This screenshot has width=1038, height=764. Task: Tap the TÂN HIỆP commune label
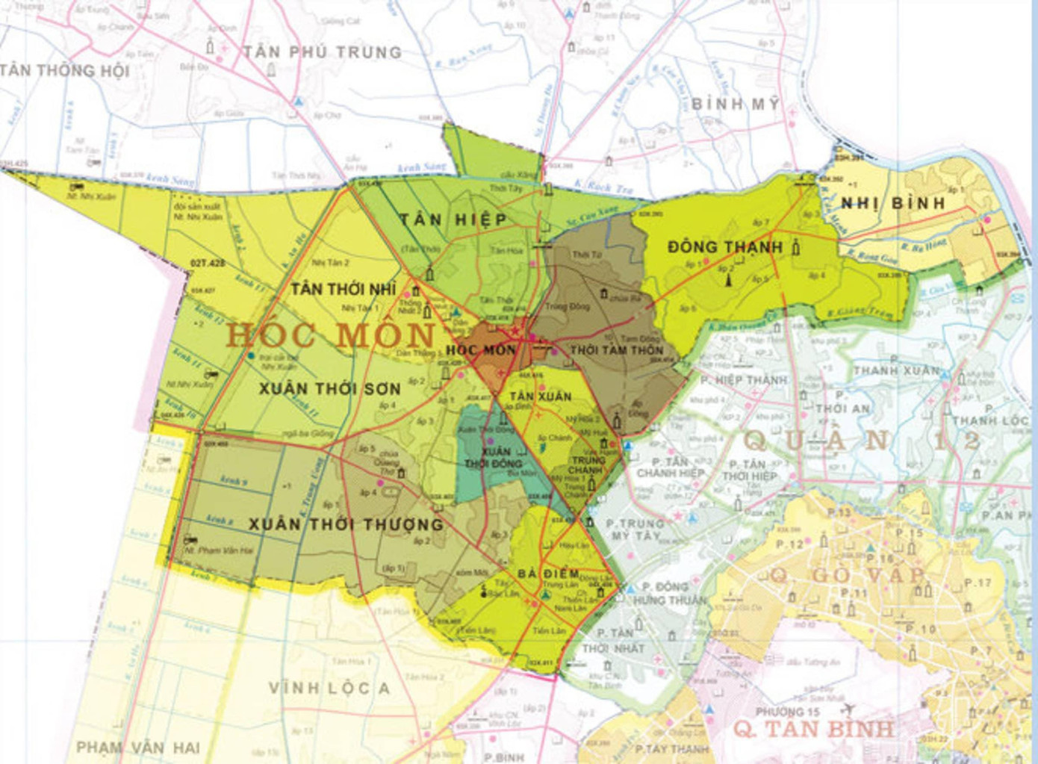coord(453,220)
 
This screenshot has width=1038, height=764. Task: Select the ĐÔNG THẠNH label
coord(725,247)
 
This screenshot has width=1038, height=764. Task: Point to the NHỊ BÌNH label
coord(892,203)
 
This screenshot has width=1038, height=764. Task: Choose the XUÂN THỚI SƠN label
coord(330,389)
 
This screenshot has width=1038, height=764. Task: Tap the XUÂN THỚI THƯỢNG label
coord(346,524)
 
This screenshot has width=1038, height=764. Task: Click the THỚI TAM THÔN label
coord(616,350)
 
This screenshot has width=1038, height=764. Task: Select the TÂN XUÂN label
coord(540,396)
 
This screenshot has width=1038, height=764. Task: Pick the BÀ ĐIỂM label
coord(549,574)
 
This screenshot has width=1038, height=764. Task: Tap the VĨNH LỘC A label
coord(329,688)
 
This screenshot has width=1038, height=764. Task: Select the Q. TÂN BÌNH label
coord(812,729)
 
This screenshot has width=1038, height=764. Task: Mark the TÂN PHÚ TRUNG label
coord(323,52)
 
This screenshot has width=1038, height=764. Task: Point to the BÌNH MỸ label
coord(735,104)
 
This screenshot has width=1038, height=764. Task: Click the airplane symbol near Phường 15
coord(847,709)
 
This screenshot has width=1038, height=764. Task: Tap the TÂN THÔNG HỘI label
coord(65,71)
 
